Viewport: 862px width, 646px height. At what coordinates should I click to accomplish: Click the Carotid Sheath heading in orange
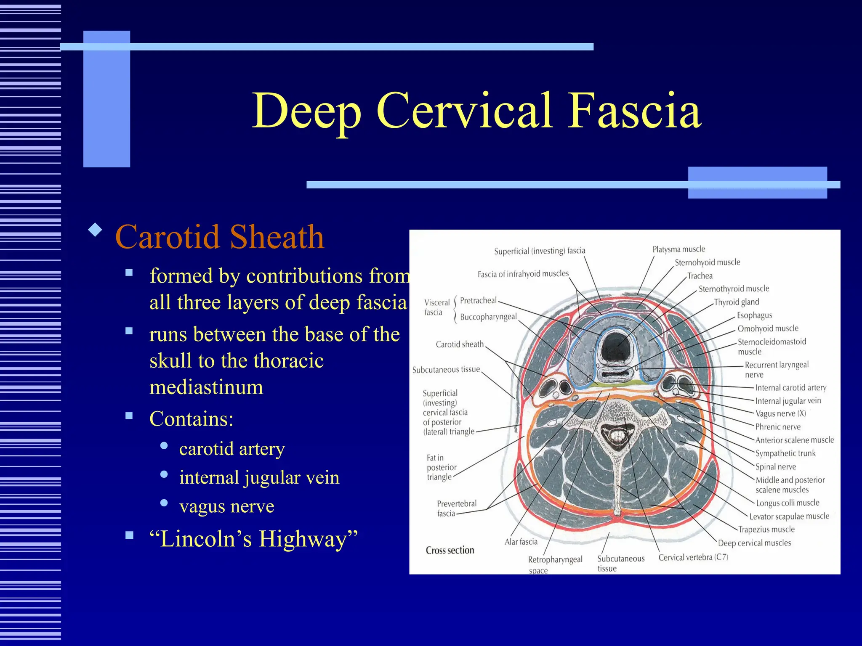[220, 237]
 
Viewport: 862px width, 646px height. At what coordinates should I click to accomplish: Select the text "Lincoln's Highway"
[253, 539]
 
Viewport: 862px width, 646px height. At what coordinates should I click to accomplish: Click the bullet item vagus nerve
[226, 506]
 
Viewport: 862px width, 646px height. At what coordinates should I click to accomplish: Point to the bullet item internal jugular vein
[259, 477]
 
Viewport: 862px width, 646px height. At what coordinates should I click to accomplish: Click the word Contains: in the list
[191, 419]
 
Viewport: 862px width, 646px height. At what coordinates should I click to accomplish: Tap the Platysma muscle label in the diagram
[678, 249]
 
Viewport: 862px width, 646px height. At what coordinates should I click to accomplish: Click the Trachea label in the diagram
[700, 276]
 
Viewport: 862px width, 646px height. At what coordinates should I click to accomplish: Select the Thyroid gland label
[736, 302]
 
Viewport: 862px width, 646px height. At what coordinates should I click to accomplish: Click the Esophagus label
[754, 315]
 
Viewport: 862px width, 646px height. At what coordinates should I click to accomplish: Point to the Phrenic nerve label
[777, 427]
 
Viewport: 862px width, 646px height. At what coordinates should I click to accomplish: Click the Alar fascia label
[521, 542]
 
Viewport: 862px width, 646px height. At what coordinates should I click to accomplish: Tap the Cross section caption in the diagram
[450, 550]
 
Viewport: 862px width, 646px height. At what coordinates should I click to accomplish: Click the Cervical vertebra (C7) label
[693, 557]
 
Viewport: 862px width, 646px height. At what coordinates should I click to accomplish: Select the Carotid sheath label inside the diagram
[460, 344]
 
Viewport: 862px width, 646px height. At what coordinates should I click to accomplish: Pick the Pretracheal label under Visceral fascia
[478, 300]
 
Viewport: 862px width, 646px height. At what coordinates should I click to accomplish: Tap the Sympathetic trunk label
[785, 453]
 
